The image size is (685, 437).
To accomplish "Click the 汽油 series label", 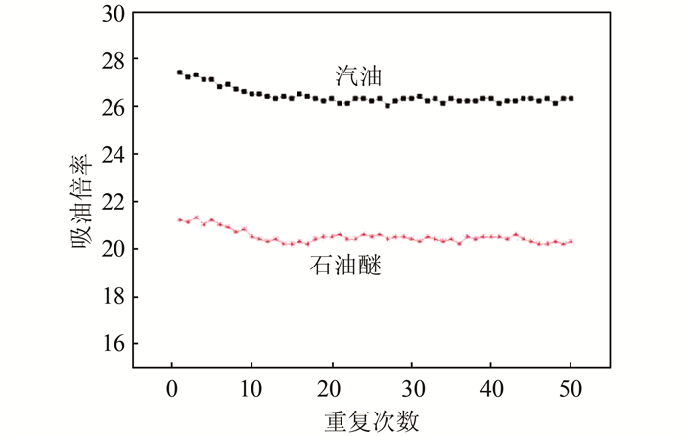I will (352, 76).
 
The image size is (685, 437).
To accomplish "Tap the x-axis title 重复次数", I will (372, 421).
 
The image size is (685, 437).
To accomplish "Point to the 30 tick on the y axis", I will (114, 14).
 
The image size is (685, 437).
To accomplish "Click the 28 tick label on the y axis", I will (114, 61).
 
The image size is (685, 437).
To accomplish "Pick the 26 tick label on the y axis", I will (114, 108).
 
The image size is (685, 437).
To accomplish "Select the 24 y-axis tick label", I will (114, 155).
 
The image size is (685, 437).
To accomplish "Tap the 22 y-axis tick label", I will (114, 202).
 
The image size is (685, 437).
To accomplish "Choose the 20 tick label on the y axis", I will (114, 249).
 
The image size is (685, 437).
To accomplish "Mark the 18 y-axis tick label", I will (114, 296).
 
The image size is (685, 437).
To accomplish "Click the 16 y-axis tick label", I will (114, 343).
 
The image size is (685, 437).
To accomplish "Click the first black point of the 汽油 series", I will (180, 73).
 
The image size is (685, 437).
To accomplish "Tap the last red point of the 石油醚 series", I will (571, 241).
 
